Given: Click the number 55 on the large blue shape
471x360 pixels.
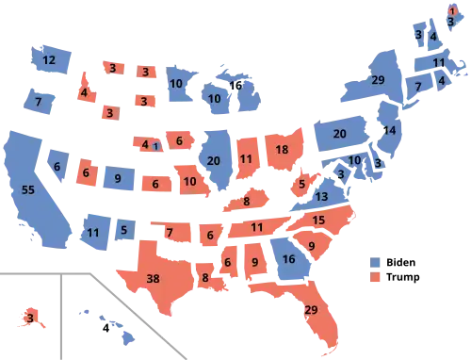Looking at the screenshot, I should click(27, 189).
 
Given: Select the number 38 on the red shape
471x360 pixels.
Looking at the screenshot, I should click(154, 278).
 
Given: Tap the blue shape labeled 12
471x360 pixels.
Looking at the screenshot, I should click(50, 60).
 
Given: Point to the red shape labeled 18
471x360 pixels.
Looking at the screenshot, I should click(282, 151).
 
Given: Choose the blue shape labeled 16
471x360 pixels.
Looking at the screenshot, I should click(288, 258).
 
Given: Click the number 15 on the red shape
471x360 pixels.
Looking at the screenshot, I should click(318, 220).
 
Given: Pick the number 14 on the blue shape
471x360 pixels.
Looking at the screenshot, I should click(389, 130).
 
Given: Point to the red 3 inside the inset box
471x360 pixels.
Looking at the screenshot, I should click(30, 319).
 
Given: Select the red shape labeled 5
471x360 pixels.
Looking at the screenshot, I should click(301, 183).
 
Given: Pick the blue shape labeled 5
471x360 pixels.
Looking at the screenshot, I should click(124, 227).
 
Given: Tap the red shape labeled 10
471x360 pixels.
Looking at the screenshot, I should click(190, 181).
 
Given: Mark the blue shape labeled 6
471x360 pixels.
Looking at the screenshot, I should click(57, 167).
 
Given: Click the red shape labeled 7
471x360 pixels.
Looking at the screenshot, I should click(171, 232).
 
